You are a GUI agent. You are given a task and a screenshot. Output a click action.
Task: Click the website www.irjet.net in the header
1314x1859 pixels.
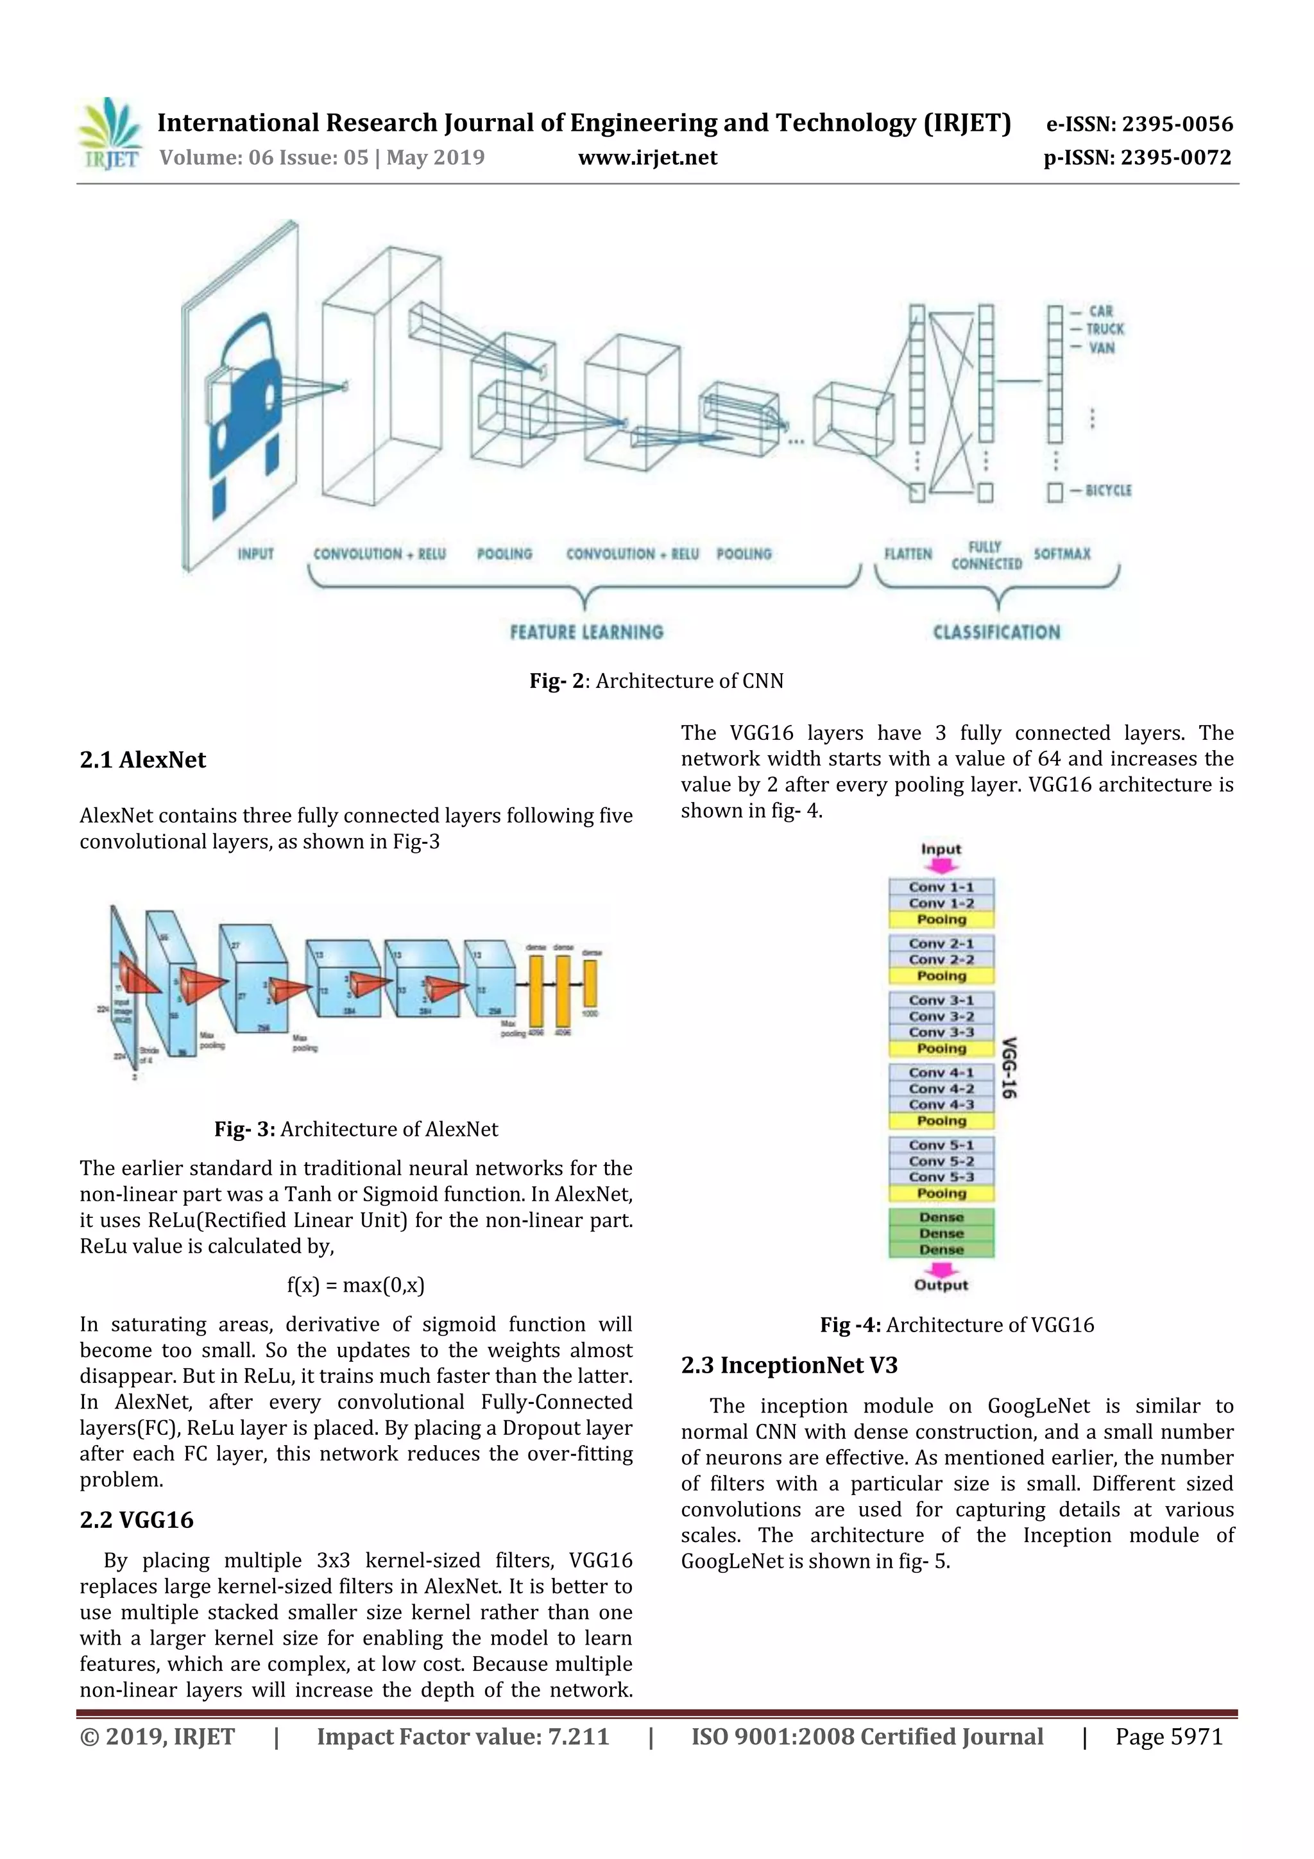(647, 157)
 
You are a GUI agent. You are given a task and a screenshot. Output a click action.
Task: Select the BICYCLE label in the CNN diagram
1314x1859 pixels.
(1107, 491)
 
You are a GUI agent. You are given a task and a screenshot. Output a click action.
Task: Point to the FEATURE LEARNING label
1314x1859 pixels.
(586, 631)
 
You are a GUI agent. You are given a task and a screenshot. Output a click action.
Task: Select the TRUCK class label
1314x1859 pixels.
(1104, 329)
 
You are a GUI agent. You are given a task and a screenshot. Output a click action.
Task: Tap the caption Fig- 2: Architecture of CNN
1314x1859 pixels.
(656, 681)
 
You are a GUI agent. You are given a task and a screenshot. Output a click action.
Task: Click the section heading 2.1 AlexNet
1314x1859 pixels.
(142, 760)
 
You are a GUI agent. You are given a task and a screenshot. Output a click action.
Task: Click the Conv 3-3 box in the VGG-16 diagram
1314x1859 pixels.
(941, 1032)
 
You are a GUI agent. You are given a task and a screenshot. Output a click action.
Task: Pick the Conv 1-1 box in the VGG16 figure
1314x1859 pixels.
(941, 887)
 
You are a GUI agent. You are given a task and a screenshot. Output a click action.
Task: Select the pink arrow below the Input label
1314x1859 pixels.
(941, 866)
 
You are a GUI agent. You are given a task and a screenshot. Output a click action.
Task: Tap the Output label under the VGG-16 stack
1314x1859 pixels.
(941, 1285)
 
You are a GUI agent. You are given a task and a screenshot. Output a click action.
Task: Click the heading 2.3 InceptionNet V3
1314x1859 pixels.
(789, 1366)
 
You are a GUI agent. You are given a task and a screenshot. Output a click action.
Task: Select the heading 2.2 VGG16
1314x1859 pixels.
(136, 1520)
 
